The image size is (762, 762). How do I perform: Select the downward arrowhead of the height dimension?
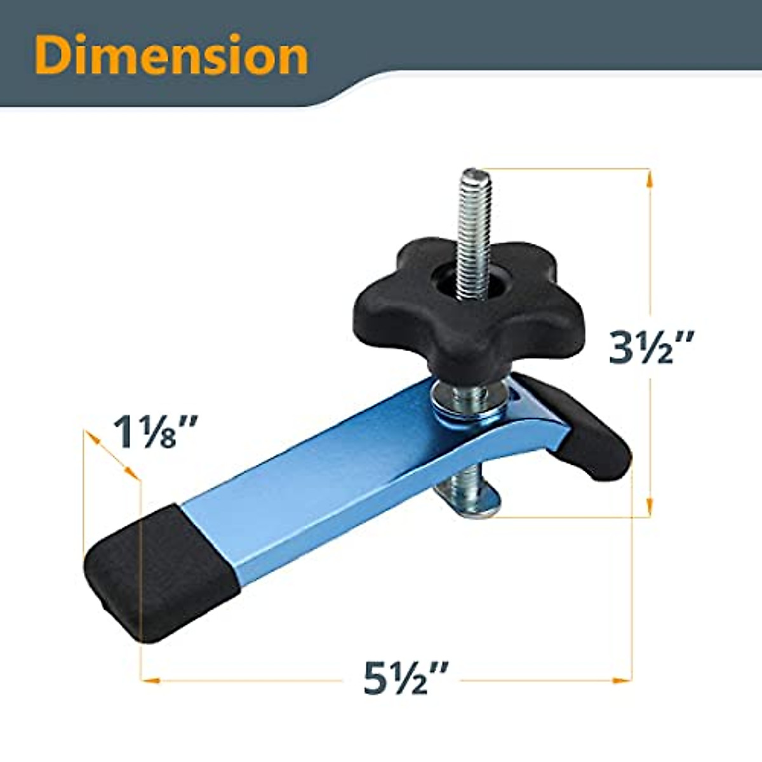pos(648,505)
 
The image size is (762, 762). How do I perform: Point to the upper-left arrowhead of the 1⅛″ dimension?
pos(91,437)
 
